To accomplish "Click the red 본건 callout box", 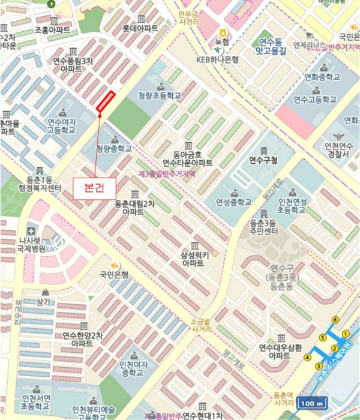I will point(92,187).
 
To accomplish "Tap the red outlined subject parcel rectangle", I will point(105,100).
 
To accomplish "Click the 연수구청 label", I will point(263,160).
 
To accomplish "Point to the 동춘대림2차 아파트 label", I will point(134,208).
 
